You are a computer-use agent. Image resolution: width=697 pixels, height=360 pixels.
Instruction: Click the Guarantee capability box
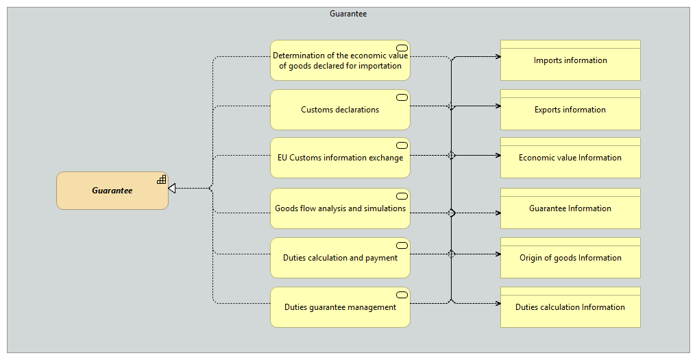112,191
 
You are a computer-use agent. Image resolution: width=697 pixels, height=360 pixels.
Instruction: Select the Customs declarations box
340,110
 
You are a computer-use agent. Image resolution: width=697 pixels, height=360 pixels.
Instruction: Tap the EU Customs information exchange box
340,158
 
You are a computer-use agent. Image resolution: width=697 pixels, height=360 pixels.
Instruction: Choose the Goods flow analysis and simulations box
340,208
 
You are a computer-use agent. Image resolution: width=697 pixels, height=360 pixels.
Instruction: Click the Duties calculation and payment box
340,258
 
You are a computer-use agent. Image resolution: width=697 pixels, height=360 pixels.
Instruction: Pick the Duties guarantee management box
340,307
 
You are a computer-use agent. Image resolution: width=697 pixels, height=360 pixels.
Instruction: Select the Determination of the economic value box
340,60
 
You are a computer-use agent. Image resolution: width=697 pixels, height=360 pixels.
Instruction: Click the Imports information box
570,60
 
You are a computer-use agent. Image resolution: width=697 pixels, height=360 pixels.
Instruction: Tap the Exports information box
570,110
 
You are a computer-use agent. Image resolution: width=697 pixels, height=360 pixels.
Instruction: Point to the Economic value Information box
570,158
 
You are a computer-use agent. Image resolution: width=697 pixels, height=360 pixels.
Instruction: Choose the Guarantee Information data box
570,208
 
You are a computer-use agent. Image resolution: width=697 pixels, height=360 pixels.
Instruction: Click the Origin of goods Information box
570,258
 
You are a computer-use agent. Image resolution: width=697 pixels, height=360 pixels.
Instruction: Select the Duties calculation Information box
570,307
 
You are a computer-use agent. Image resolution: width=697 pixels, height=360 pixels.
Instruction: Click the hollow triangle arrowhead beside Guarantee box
172,189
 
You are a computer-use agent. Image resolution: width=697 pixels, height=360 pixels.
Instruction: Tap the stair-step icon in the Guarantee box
162,180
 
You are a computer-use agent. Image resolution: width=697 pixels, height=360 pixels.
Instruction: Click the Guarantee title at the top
348,14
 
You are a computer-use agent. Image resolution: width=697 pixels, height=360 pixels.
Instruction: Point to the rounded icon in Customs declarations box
402,97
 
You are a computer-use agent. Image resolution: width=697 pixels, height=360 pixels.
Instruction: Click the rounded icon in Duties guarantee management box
402,295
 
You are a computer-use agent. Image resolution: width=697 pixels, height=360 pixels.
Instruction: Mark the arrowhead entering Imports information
499,56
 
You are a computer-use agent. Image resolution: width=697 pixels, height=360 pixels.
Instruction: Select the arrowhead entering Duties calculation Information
499,304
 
